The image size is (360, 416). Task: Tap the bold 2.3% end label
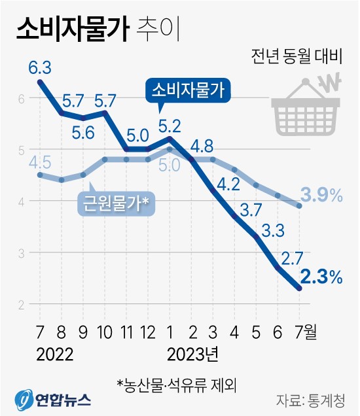pos(323,277)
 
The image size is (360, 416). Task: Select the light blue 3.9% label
pos(322,194)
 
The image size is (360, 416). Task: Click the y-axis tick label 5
pos(21,150)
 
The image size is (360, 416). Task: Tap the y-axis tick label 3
pos(21,252)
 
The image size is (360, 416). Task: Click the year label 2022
pos(55,355)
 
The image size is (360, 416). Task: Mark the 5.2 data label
pos(170,122)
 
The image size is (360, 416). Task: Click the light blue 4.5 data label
pos(41,161)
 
